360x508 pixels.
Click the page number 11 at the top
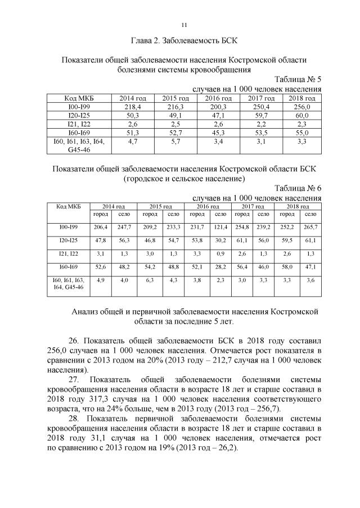[184, 25]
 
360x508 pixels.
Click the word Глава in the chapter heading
[142, 41]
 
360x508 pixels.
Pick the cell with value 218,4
[133, 106]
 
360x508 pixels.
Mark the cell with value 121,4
[221, 226]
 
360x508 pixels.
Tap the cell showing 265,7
[310, 226]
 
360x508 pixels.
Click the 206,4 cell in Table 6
[101, 226]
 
